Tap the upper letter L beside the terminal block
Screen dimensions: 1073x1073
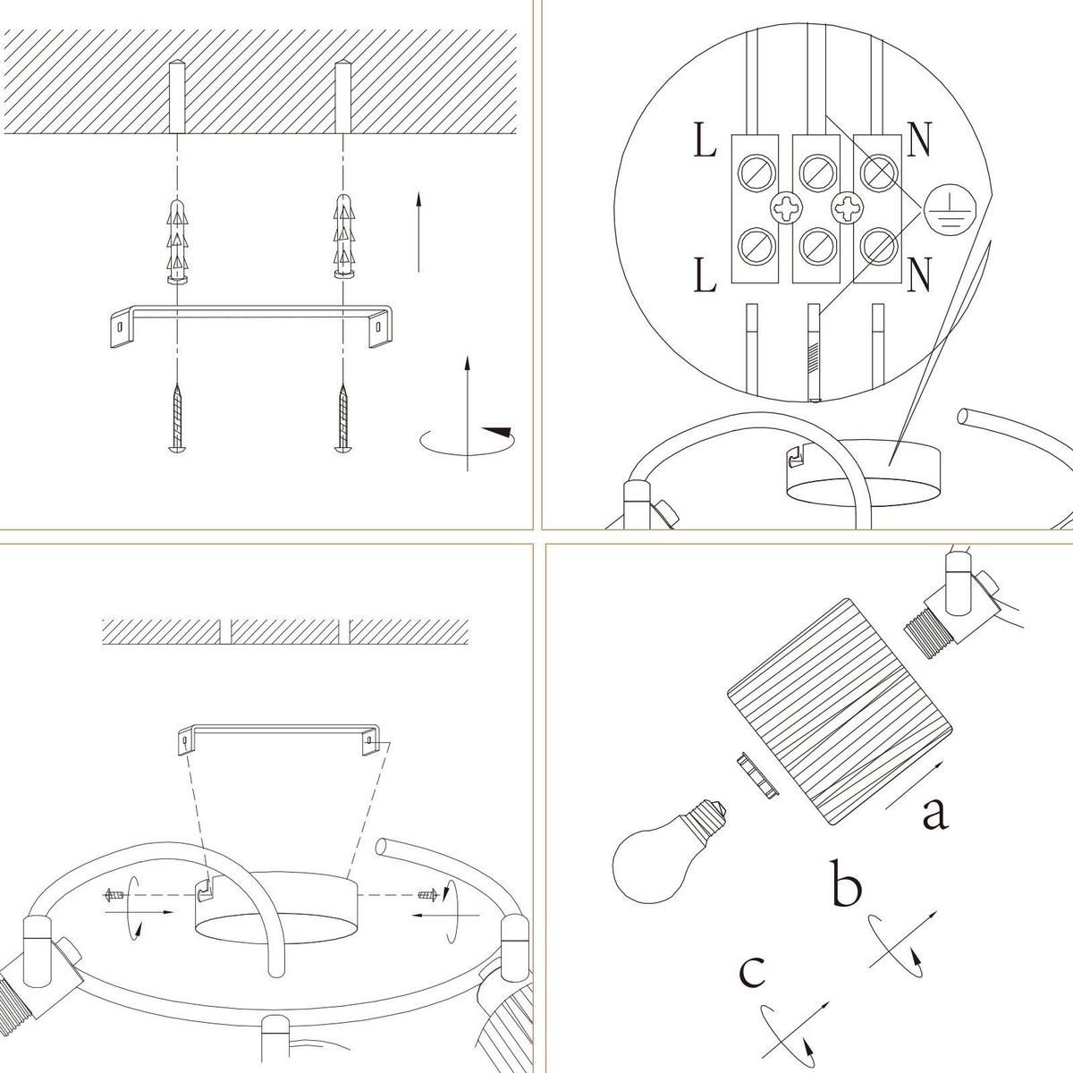(x=705, y=139)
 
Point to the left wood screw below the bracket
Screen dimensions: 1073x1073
(x=177, y=417)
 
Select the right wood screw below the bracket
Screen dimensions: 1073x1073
(x=343, y=417)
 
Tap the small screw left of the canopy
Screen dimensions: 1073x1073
(x=114, y=911)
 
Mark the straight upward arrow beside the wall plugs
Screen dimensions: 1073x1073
(x=418, y=231)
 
